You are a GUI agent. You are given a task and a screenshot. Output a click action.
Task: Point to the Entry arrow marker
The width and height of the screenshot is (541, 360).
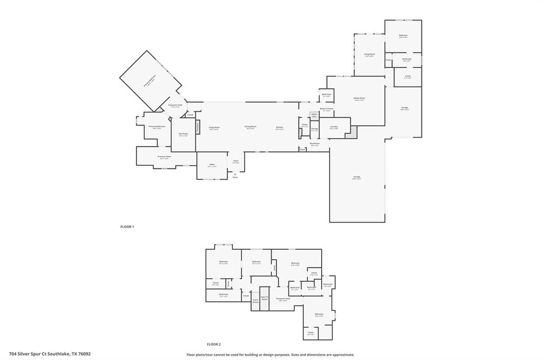click(235, 174)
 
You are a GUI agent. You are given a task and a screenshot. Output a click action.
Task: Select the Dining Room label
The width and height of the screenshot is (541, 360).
click(250, 127)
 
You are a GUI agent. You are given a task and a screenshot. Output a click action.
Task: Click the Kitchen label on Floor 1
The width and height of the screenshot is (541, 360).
click(279, 127)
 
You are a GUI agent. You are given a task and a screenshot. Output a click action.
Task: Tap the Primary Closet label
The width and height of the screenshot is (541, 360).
click(164, 157)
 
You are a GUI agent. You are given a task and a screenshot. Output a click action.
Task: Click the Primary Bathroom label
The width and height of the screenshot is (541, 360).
click(157, 127)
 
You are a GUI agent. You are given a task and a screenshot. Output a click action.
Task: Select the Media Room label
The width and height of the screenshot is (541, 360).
click(360, 99)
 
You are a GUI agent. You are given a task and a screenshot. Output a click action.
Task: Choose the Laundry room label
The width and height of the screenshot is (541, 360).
click(334, 127)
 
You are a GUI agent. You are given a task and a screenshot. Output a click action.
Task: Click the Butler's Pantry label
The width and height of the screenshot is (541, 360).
click(326, 109)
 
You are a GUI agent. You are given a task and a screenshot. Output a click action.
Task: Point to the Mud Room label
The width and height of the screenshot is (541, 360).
click(314, 144)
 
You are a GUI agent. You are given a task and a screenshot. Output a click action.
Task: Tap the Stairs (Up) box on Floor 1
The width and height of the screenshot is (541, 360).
click(314, 115)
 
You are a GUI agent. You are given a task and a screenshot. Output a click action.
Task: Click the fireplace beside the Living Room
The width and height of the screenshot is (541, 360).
click(198, 127)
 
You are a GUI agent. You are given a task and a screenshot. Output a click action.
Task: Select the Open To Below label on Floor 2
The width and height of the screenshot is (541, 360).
click(265, 298)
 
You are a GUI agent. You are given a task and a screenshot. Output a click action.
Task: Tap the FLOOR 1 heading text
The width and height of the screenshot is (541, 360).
click(127, 226)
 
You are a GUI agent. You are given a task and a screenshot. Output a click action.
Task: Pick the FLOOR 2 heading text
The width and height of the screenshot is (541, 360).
click(213, 344)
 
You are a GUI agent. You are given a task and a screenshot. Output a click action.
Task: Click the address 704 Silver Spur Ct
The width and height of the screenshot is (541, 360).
click(50, 354)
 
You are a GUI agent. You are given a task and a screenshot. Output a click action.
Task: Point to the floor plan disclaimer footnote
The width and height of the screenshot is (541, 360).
click(270, 355)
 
